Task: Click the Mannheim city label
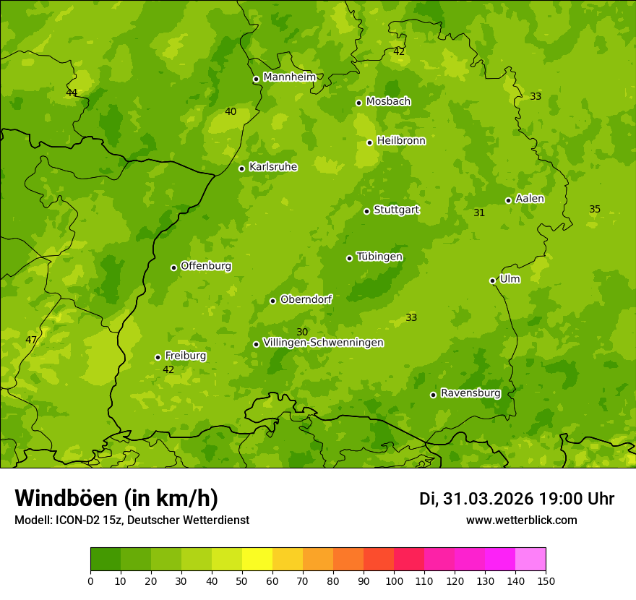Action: (289, 77)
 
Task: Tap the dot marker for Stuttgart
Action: (366, 211)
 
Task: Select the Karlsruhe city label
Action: (272, 167)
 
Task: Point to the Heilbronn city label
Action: (401, 141)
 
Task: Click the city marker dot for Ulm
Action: (492, 280)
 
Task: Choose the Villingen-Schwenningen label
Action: (323, 343)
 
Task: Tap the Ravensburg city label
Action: (470, 393)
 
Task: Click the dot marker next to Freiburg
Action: (158, 357)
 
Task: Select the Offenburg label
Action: (206, 266)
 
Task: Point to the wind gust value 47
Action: (31, 340)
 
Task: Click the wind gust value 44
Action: (72, 93)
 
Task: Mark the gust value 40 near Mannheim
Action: (231, 111)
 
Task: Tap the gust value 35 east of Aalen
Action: (595, 209)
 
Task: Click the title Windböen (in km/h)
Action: (116, 498)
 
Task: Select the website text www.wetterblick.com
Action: (521, 520)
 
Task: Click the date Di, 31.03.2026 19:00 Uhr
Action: (517, 499)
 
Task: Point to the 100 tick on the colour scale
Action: (394, 580)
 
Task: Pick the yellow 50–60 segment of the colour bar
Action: (257, 560)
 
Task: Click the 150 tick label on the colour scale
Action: (546, 580)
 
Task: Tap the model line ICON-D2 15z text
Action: (132, 520)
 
